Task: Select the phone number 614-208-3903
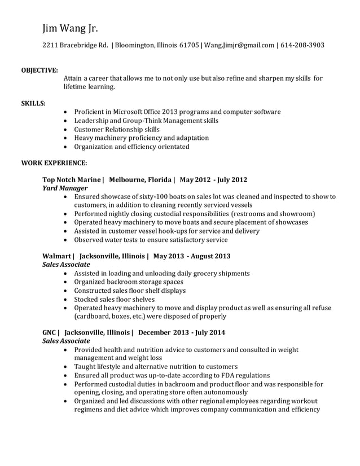pyautogui.click(x=302, y=45)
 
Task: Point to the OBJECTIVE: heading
pyautogui.click(x=39, y=71)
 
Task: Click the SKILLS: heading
pyautogui.click(x=33, y=104)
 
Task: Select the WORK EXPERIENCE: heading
pyautogui.click(x=54, y=163)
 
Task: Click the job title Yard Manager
pyautogui.click(x=65, y=188)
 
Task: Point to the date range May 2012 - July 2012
pyautogui.click(x=213, y=180)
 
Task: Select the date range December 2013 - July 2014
pyautogui.click(x=182, y=333)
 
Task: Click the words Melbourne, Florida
pyautogui.click(x=140, y=180)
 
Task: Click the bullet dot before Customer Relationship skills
pyautogui.click(x=68, y=130)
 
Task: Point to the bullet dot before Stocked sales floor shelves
pyautogui.click(x=68, y=300)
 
